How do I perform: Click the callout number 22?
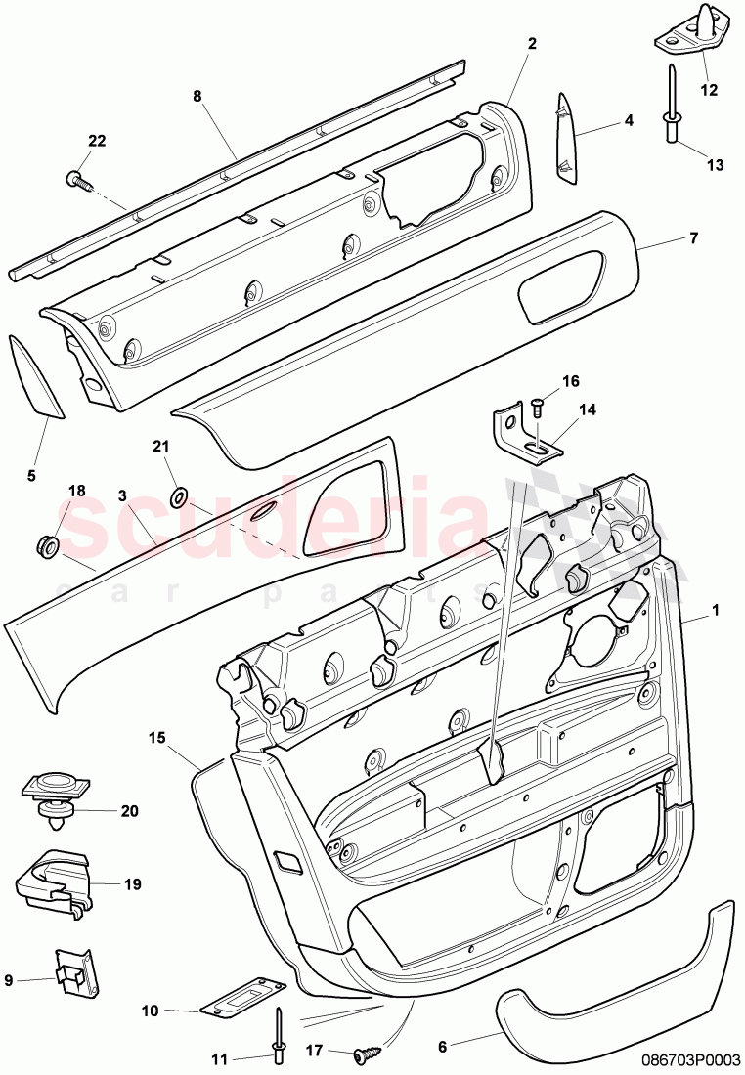96,141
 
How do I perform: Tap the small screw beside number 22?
78,179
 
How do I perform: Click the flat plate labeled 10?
242,1000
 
